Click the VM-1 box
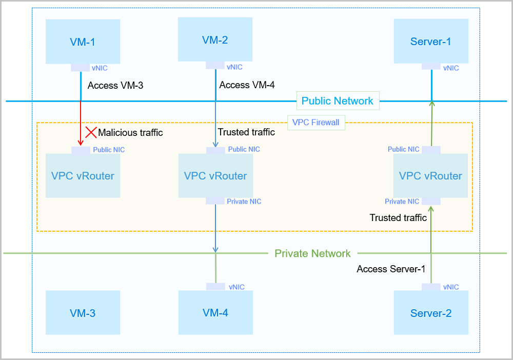coord(82,42)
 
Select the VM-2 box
coord(215,39)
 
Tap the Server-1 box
coord(430,41)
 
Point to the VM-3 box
coord(82,312)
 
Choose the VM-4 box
coord(215,312)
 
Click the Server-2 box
coord(430,312)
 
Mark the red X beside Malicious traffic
coord(91,132)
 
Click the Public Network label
coord(337,101)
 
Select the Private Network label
coord(312,253)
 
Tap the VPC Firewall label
coord(316,122)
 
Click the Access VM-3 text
coord(115,85)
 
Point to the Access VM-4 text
coord(247,85)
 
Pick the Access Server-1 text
coord(391,269)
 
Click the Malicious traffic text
coord(130,133)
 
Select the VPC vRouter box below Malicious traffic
coord(83,176)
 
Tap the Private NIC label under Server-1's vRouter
coord(402,202)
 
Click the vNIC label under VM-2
coord(234,67)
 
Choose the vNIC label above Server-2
coord(451,287)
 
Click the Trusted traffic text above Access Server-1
coord(398,218)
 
